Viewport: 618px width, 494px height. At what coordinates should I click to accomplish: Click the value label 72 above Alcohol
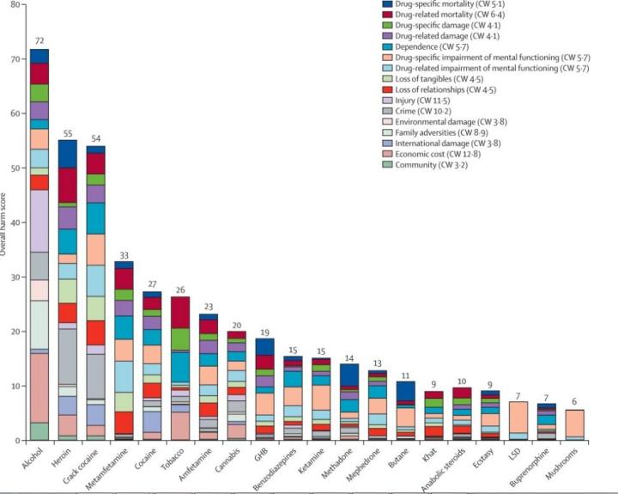39,40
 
